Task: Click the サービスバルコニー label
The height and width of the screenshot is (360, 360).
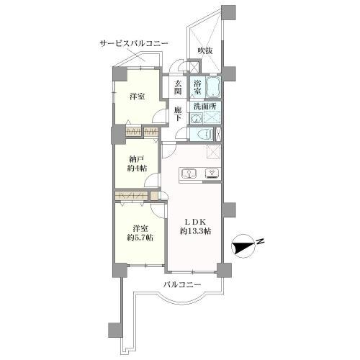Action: point(133,45)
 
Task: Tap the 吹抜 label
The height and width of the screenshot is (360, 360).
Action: point(207,50)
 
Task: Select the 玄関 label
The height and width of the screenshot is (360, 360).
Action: point(177,86)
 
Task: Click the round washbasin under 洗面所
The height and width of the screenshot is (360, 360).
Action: point(196,118)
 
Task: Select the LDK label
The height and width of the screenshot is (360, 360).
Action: point(194,221)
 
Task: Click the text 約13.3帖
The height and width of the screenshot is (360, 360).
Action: point(195,232)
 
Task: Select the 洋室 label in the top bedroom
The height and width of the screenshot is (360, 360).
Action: point(137,96)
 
